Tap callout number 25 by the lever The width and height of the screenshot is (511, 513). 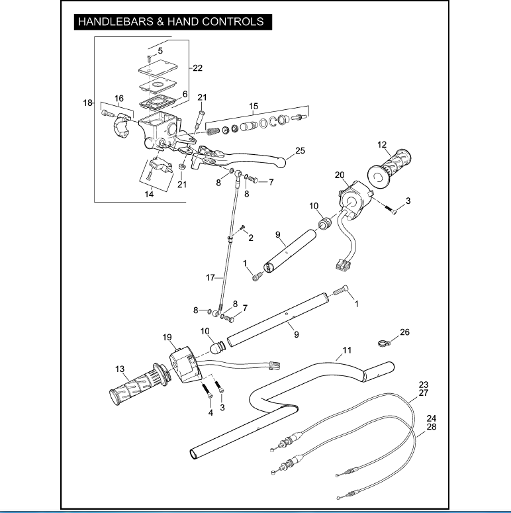click(300, 151)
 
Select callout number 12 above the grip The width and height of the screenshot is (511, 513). click(382, 144)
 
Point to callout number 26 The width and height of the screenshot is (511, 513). click(405, 332)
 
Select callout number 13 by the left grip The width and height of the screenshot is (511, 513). click(120, 369)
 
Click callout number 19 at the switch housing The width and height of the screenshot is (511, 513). click(167, 337)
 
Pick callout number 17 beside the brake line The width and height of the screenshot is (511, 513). click(211, 278)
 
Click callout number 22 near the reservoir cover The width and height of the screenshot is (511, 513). click(197, 68)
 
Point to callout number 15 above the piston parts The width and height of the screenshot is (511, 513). click(254, 106)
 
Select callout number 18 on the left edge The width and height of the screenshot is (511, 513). click(87, 103)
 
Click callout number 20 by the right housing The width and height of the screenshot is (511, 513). click(340, 175)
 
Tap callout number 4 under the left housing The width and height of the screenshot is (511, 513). click(210, 412)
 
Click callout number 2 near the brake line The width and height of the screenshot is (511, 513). click(250, 238)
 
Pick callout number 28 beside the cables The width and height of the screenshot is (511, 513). click(432, 428)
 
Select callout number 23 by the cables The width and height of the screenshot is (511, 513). click(424, 385)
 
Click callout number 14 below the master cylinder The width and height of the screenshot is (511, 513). click(150, 195)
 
